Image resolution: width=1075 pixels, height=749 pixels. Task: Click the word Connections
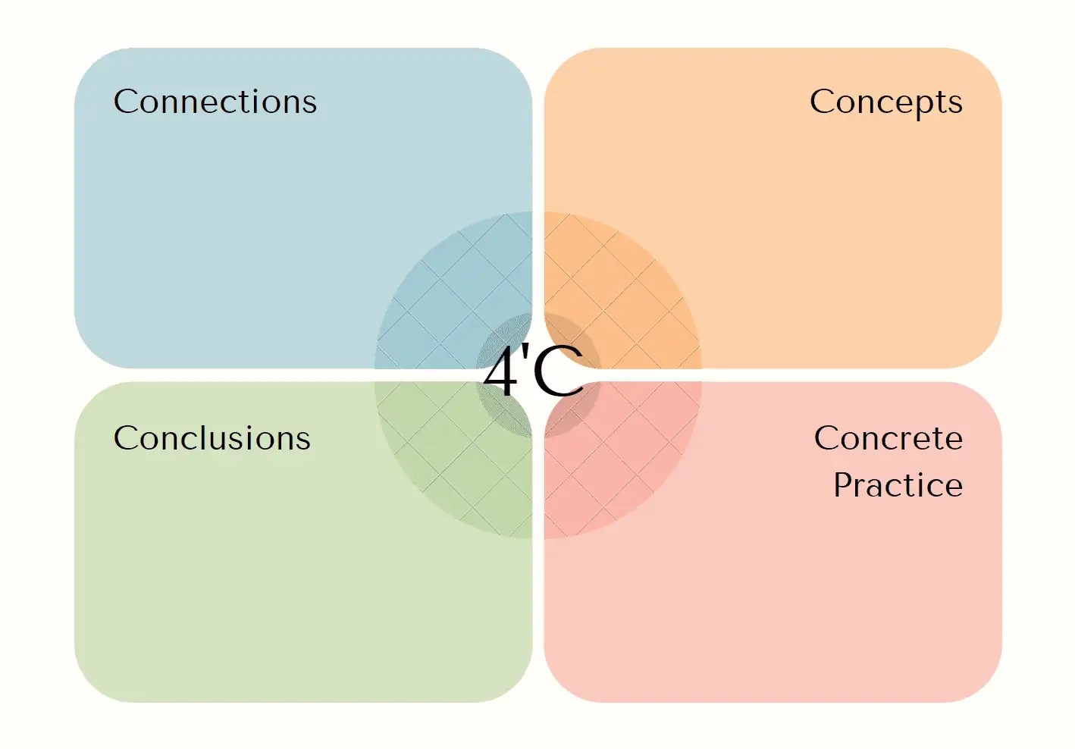215,102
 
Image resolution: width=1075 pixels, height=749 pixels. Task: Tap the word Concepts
885,102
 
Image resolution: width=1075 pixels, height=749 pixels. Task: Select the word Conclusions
212,438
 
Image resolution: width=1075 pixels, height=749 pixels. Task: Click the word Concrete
888,438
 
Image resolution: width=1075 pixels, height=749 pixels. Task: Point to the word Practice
898,485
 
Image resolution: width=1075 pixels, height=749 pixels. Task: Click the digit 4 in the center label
501,372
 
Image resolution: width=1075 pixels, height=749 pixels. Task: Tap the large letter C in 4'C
559,372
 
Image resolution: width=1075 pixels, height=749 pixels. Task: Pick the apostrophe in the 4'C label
525,356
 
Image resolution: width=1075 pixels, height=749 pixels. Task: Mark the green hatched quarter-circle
447,462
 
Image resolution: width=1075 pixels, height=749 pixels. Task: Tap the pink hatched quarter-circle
622,462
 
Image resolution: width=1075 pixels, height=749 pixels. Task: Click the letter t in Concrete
936,438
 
